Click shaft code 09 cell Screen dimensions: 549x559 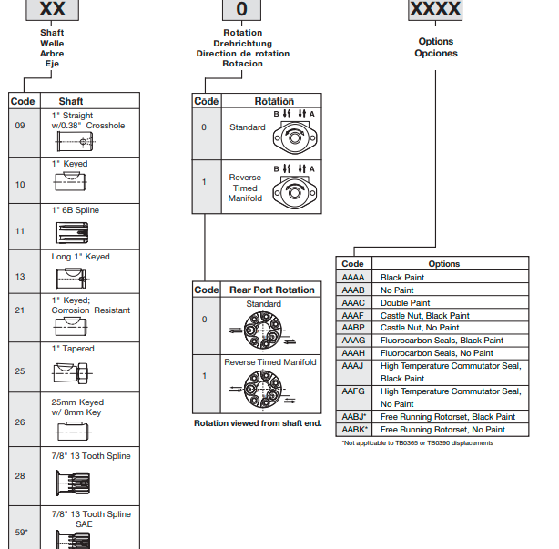pyautogui.click(x=20, y=126)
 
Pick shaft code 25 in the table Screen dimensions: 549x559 pyautogui.click(x=20, y=371)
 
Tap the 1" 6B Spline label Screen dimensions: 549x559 pyautogui.click(x=76, y=210)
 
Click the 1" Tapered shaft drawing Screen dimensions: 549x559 pyautogui.click(x=72, y=373)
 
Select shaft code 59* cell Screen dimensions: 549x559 pyautogui.click(x=21, y=531)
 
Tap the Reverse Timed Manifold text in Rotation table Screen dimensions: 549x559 pyautogui.click(x=245, y=188)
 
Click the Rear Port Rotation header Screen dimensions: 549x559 pyautogui.click(x=271, y=290)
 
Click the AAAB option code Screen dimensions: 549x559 pyautogui.click(x=353, y=290)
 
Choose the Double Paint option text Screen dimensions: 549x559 pyautogui.click(x=405, y=302)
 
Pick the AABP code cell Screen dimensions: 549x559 pyautogui.click(x=353, y=327)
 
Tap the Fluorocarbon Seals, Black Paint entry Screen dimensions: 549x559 pyautogui.click(x=442, y=340)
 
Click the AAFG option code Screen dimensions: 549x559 pyautogui.click(x=353, y=391)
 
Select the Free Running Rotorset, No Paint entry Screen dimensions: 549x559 pyautogui.click(x=442, y=429)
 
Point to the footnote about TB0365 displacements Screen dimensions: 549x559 pyautogui.click(x=417, y=443)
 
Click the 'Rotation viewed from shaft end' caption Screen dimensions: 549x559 pyautogui.click(x=258, y=423)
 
